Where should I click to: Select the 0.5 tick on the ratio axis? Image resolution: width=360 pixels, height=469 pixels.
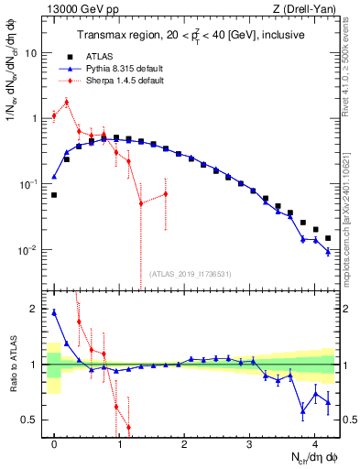click(x=30, y=420)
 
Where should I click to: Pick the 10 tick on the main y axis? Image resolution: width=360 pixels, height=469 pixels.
click(x=30, y=53)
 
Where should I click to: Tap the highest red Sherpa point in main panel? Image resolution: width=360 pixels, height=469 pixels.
click(x=66, y=102)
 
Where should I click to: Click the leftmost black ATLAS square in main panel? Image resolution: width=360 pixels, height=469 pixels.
click(x=54, y=195)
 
